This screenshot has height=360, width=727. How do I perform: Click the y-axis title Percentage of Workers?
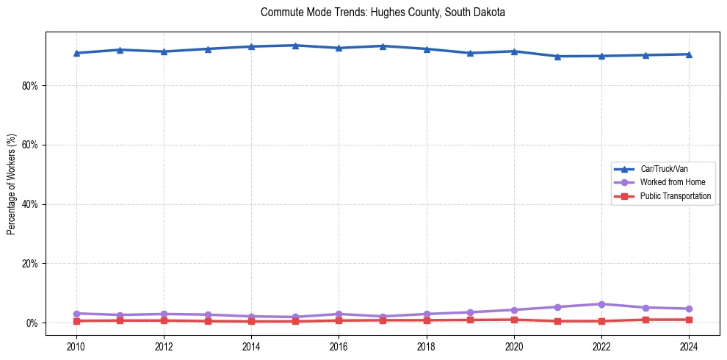click(12, 184)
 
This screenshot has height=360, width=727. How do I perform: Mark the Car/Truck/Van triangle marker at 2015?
click(295, 46)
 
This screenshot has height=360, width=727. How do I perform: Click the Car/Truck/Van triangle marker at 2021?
click(558, 56)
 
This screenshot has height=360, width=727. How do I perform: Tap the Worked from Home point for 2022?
click(601, 304)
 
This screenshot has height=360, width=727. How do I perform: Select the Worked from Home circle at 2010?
click(76, 314)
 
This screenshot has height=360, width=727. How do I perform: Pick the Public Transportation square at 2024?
click(689, 320)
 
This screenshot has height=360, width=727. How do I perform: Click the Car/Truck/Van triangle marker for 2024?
click(689, 54)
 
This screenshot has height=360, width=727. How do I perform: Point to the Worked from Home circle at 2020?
click(514, 310)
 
